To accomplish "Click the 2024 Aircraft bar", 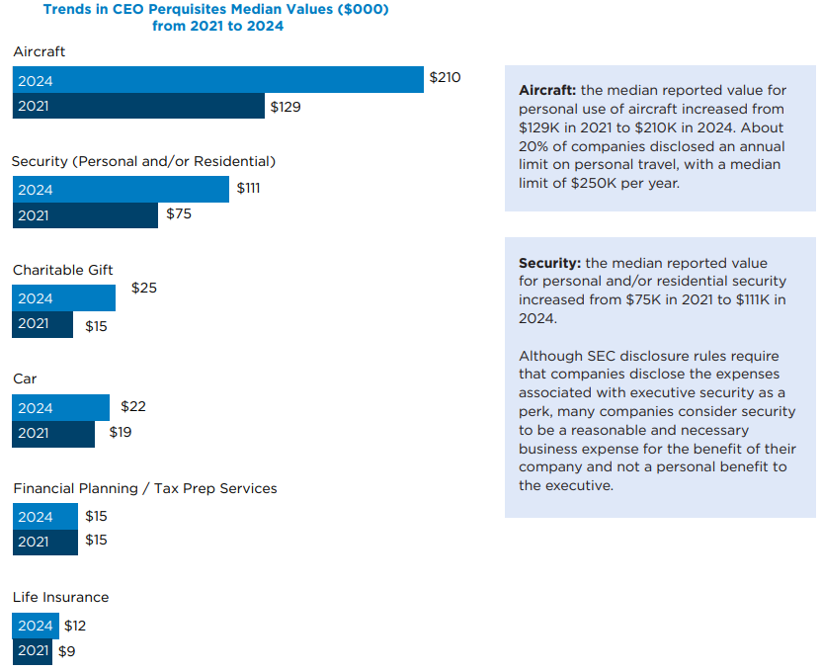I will tap(217, 80).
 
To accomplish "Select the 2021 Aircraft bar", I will tap(138, 106).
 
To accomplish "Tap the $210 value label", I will tap(445, 77).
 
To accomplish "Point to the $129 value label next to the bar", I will tap(286, 107).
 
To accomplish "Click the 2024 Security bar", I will tap(121, 190).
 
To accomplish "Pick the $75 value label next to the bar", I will tap(179, 213).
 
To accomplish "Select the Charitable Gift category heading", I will tap(63, 270).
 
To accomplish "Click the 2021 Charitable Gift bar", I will tap(42, 324).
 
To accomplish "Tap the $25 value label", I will tap(144, 289).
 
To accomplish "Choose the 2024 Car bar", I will tap(61, 407).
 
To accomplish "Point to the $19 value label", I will tap(120, 432).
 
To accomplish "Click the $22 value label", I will tap(133, 406).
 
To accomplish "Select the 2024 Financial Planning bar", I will tap(45, 516).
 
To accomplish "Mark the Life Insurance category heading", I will tap(61, 597).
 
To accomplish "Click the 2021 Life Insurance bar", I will tap(33, 651).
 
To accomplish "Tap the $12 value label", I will tap(75, 626).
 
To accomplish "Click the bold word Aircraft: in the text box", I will tap(547, 90).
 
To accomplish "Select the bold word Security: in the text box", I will tap(549, 264).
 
